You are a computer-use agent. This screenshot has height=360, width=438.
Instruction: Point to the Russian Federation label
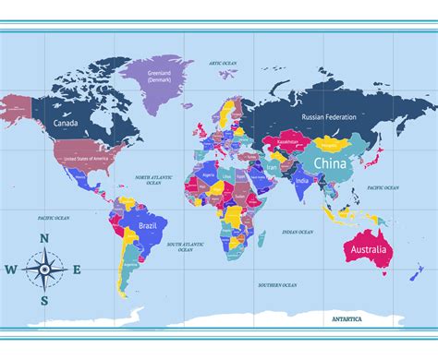point(329,117)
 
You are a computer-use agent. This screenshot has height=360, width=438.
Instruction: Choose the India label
point(301,181)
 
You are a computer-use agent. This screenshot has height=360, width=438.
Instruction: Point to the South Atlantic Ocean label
point(185,246)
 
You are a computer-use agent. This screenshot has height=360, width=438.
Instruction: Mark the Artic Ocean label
point(223,63)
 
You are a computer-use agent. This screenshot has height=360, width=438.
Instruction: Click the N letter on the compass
point(43,238)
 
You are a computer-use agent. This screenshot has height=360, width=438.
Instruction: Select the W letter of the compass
point(10,270)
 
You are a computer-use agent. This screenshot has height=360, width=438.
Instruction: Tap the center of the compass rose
point(43,270)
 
